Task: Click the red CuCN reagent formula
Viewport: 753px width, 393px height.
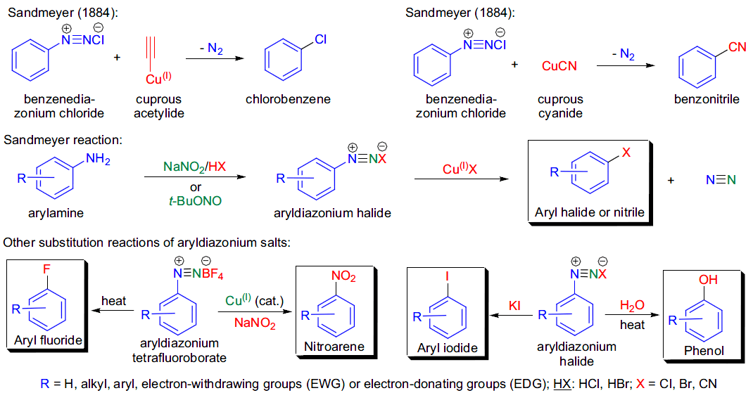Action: [x=559, y=65]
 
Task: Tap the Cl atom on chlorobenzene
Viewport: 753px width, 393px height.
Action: [x=321, y=39]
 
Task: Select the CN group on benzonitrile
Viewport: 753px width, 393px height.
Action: [x=737, y=46]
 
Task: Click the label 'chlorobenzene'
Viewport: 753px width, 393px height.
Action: [x=288, y=99]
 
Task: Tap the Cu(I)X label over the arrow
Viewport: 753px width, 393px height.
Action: [x=460, y=169]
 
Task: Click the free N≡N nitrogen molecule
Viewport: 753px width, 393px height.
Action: [x=721, y=180]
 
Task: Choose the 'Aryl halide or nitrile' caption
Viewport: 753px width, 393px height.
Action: [x=590, y=212]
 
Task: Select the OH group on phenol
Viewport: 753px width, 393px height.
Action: [x=708, y=279]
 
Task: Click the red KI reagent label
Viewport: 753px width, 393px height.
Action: [x=514, y=305]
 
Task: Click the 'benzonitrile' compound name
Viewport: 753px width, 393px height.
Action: [x=707, y=99]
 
